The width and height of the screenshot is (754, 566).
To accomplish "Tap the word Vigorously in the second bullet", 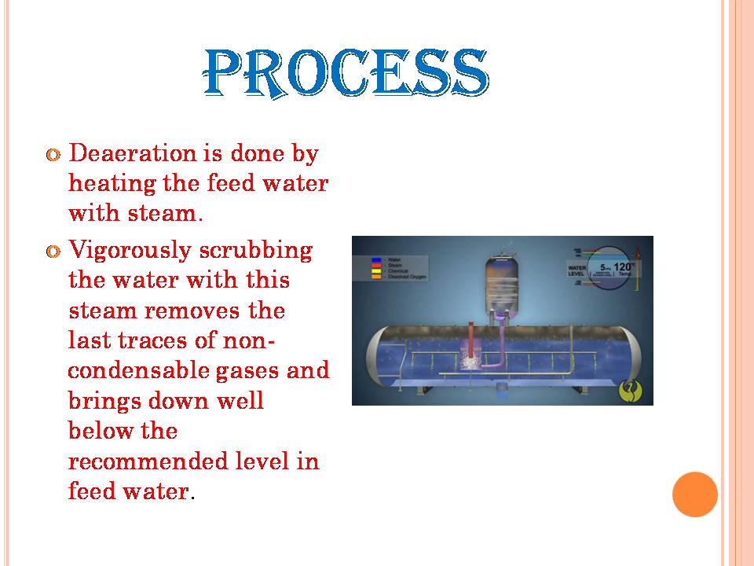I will [x=130, y=251].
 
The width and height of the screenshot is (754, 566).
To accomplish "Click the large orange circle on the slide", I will [x=695, y=494].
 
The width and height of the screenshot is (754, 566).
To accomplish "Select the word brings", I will [x=107, y=401].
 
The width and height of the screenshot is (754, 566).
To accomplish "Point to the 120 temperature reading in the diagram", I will [x=624, y=268].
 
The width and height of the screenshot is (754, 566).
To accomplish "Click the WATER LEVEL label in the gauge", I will [x=578, y=270].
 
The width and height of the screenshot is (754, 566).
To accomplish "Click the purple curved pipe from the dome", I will [x=497, y=346].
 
